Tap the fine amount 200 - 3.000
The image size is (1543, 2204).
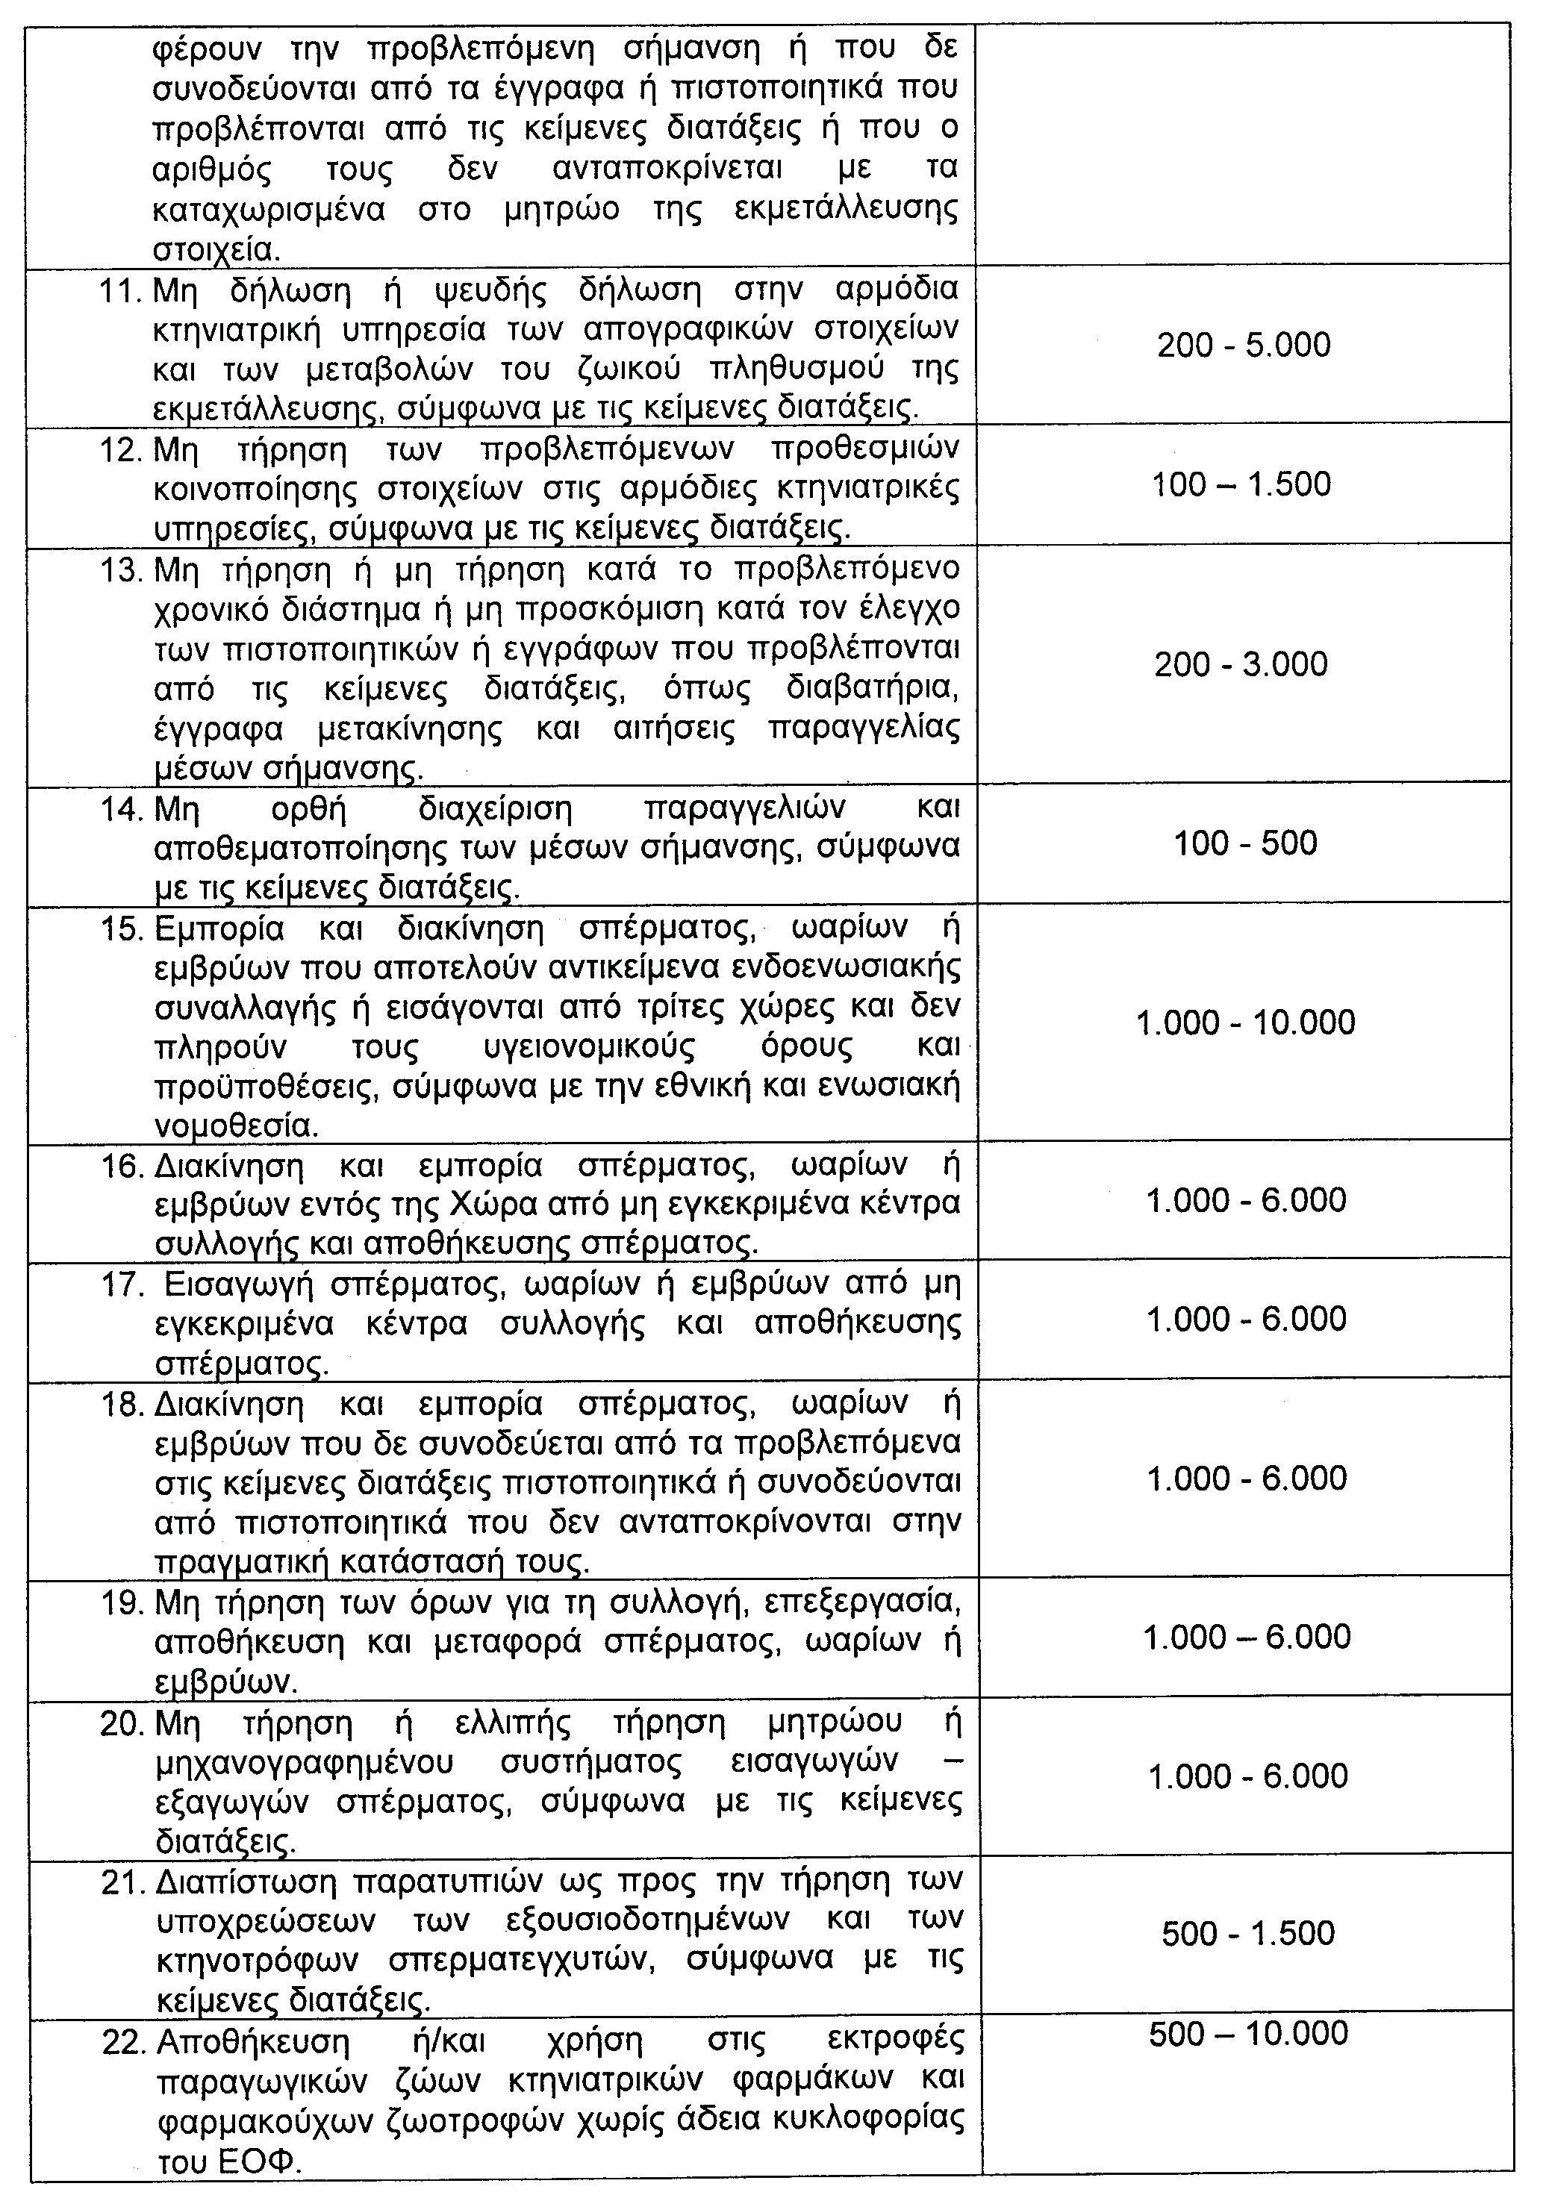pos(1241,664)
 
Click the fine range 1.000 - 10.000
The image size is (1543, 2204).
pos(1245,1023)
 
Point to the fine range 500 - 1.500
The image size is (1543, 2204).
pos(1247,1932)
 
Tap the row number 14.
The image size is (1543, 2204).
pos(122,809)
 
